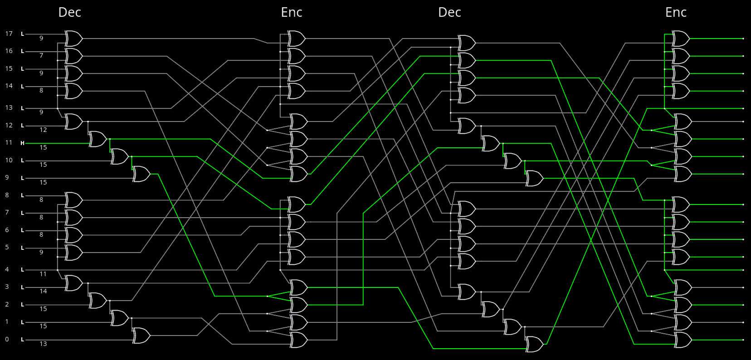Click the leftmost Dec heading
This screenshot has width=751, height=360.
(69, 12)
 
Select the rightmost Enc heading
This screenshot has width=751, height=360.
(676, 12)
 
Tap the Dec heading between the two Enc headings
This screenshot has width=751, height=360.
(449, 12)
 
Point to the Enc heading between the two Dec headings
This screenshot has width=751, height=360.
(292, 12)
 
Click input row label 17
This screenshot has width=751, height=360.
(9, 34)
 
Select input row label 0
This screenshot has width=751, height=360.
(7, 339)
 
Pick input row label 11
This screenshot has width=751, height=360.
(9, 142)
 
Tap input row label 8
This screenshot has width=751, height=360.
(7, 195)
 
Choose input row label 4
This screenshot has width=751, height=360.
(7, 269)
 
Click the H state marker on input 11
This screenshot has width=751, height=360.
(22, 143)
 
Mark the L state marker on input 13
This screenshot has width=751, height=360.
(22, 108)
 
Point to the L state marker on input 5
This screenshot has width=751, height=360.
(22, 248)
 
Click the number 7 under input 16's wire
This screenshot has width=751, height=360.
(41, 55)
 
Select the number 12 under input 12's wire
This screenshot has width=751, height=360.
(43, 130)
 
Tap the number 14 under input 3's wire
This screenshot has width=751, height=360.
(43, 291)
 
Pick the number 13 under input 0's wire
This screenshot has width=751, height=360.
(43, 344)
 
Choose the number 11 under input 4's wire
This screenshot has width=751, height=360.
(43, 274)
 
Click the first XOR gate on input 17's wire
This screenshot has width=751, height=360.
(73, 39)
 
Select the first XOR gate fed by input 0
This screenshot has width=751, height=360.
(141, 336)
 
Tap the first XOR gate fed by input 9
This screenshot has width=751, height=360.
(141, 174)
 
